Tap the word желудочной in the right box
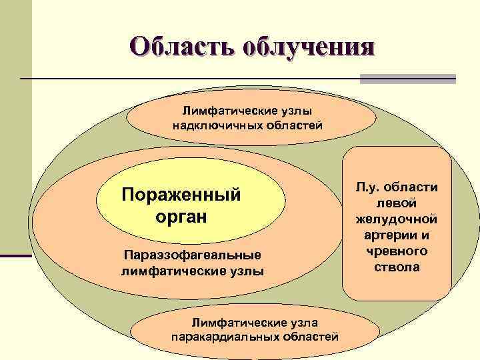(x=397, y=218)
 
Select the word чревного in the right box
(x=397, y=251)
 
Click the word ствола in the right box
(x=397, y=267)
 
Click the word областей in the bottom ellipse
(x=308, y=337)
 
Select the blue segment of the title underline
(x=407, y=79)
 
